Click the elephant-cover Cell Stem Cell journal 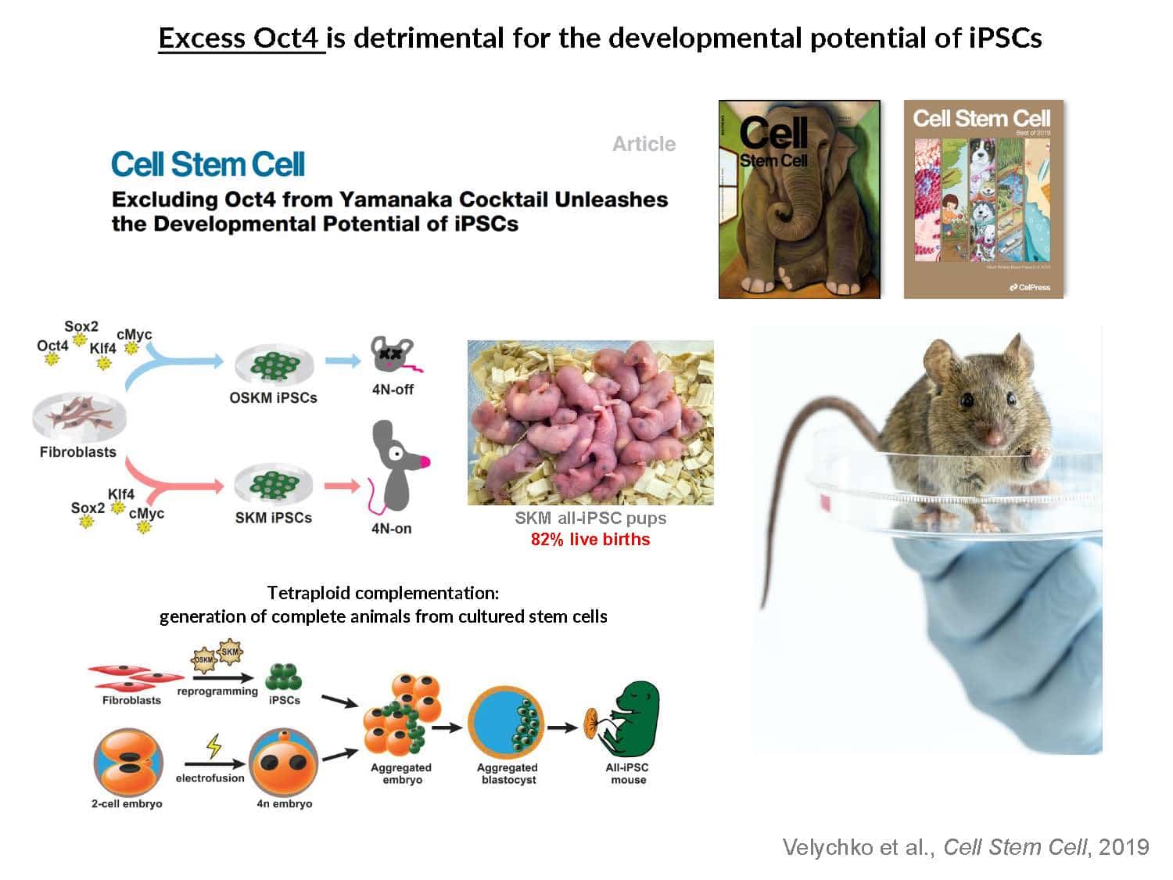tap(799, 199)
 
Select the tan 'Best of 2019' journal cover tap(983, 199)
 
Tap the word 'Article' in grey tap(644, 144)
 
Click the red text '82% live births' tap(590, 540)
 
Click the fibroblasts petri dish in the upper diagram tap(78, 418)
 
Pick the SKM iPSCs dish tap(274, 487)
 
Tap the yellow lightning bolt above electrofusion tap(213, 746)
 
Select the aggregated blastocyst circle tap(506, 724)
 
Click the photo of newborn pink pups tap(590, 422)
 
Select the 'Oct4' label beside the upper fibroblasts tap(52, 346)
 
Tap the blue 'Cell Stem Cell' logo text tap(207, 164)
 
